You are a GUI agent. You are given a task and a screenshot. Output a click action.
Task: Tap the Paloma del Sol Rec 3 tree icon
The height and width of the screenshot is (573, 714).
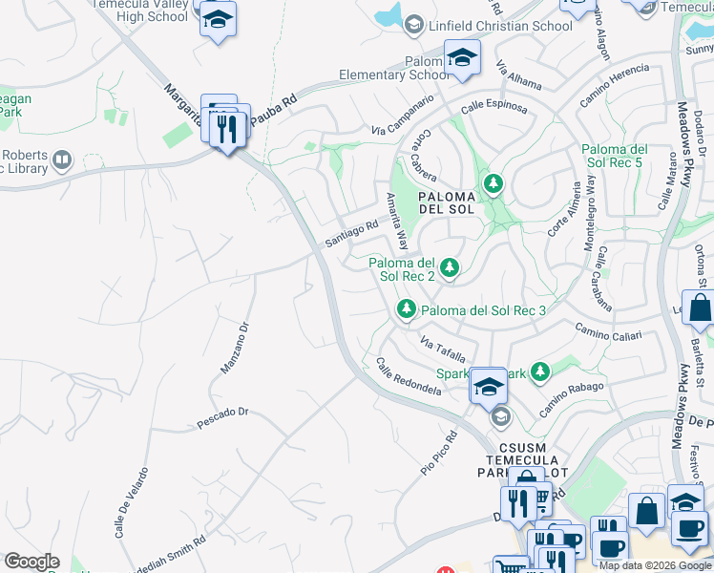point(407,309)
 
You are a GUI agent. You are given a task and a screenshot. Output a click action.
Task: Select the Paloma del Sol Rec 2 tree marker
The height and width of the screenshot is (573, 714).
point(448,268)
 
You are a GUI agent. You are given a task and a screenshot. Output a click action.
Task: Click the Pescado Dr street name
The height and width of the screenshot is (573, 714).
point(222,413)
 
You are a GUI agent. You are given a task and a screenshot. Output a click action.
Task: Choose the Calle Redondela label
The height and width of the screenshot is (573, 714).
point(409,378)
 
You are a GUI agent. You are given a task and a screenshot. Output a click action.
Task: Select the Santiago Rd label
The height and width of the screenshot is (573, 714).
point(352,230)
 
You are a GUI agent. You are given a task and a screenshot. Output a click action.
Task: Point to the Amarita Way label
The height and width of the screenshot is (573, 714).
point(396,220)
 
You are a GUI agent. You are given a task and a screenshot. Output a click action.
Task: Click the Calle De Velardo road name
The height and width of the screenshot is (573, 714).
point(132,502)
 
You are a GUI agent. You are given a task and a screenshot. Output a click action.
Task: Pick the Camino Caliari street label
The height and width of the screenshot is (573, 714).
point(608,330)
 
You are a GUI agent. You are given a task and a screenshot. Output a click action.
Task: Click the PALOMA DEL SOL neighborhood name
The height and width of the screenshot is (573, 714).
point(447,202)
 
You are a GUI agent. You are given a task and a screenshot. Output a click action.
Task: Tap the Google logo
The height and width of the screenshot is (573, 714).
point(31,562)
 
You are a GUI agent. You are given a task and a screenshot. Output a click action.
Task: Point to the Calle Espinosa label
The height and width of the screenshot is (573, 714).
point(493,106)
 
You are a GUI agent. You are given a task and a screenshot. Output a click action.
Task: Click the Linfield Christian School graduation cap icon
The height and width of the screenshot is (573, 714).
point(414,25)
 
